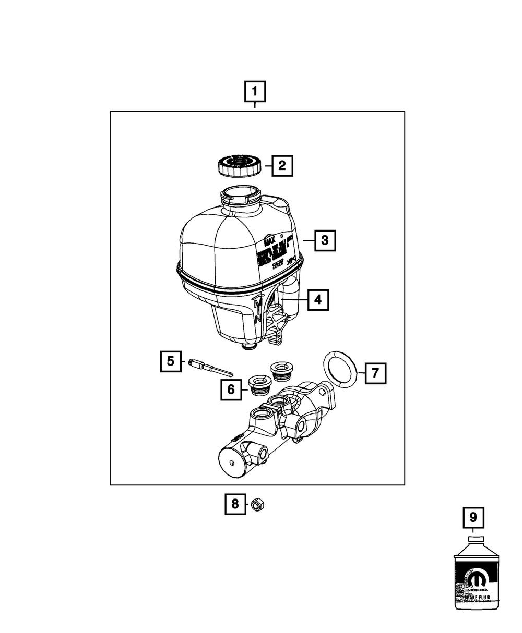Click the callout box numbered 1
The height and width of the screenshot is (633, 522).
[x=255, y=92]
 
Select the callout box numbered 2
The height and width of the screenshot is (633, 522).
[x=281, y=166]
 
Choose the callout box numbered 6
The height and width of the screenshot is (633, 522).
[x=230, y=388]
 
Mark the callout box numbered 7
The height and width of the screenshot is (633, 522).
[x=375, y=373]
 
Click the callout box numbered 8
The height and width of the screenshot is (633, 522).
[x=235, y=504]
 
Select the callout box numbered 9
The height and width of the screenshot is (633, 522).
[x=473, y=518]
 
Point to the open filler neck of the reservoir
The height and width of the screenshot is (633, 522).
[x=240, y=194]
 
